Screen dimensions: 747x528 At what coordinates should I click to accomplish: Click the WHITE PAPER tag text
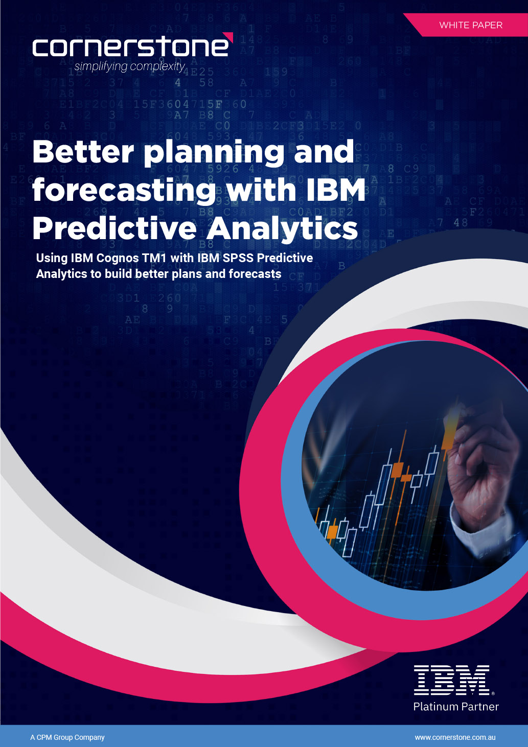coord(471,25)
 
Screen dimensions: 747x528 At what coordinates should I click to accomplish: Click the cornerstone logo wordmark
coord(130,47)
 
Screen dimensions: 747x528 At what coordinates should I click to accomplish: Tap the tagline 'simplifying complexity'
coord(129,66)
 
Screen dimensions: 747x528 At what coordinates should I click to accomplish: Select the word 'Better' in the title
coord(83,152)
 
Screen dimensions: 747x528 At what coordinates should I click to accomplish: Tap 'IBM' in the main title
coord(336,190)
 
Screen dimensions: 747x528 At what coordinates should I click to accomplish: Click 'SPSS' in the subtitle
coord(238,258)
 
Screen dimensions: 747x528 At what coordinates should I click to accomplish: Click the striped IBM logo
coord(452,680)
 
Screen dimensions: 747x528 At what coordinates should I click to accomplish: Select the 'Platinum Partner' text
coord(456,707)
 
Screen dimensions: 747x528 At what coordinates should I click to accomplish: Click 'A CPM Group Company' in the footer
coord(67,737)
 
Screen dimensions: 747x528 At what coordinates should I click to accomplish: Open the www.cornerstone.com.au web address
coord(455,737)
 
